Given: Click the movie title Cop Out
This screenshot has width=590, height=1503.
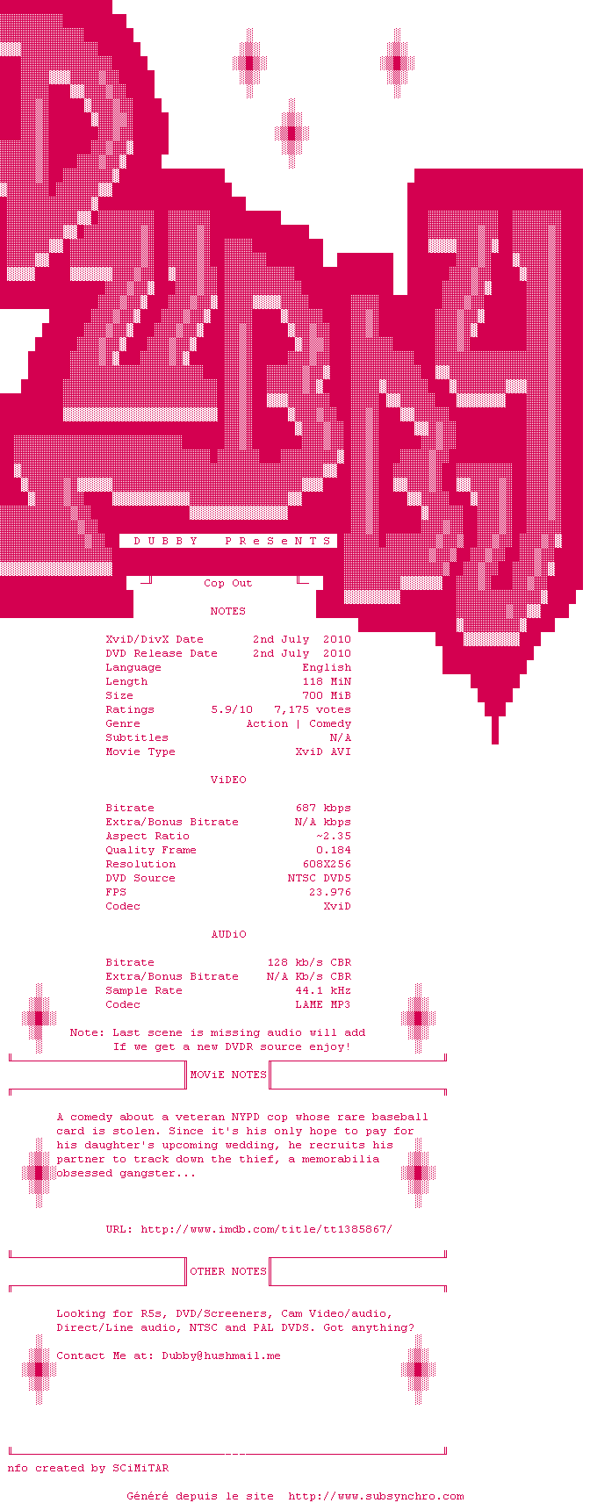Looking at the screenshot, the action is pos(228,583).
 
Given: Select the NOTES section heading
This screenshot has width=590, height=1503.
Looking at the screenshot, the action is pos(228,611).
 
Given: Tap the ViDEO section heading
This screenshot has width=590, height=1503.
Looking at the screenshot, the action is pos(228,780).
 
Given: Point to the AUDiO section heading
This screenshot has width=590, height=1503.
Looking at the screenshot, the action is pos(228,934).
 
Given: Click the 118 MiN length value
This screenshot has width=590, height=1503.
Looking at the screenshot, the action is pos(327,682).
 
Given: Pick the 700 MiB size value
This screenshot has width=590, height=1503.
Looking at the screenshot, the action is pos(327,696).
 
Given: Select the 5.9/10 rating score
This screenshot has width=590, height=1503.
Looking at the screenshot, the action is pos(233,710).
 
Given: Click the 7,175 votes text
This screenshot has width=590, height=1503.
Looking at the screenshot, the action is pos(313,710).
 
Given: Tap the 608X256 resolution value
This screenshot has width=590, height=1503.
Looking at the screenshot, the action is pos(327,864).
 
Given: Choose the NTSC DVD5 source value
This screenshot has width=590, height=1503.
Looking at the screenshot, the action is pos(320,878).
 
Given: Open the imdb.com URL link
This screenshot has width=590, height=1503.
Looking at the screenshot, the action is pos(267,1229).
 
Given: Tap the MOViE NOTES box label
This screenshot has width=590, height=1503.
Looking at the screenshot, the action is pos(228,1075).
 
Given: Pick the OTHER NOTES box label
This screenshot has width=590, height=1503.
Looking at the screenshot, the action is pos(228,1271).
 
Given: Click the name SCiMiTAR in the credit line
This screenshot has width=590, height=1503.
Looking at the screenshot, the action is pos(141,1468).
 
